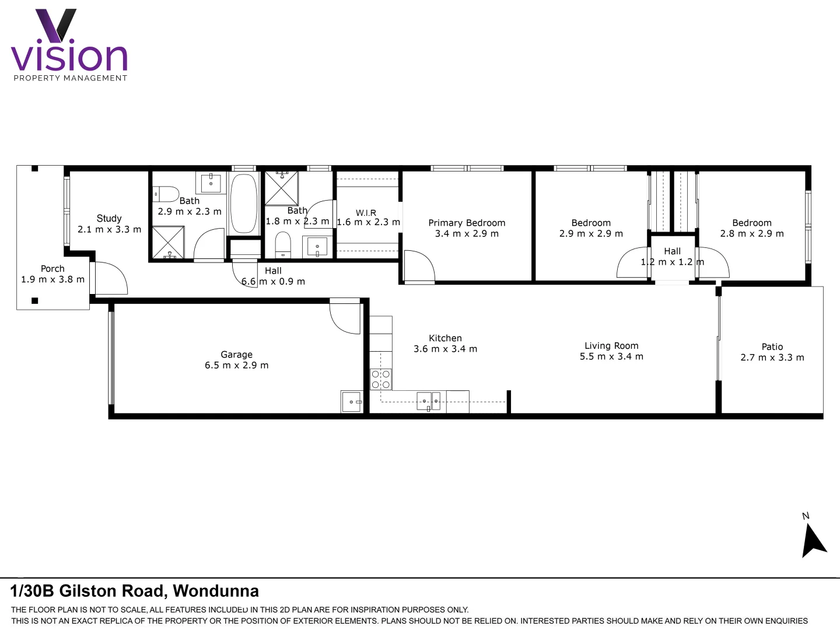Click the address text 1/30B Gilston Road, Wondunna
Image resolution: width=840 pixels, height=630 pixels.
(x=134, y=591)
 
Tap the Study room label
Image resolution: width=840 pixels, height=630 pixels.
(x=109, y=218)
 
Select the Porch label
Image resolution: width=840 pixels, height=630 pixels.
(x=52, y=269)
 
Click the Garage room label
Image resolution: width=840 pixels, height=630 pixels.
(x=236, y=355)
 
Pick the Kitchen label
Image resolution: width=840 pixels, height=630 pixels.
(x=445, y=338)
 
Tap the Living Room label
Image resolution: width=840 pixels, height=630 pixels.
(x=611, y=346)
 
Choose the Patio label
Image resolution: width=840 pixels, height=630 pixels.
(x=772, y=347)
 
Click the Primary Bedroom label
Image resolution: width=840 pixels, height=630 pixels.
(x=467, y=223)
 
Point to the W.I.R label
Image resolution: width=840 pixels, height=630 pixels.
(x=366, y=213)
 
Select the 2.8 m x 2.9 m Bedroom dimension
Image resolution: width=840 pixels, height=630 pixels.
(x=751, y=234)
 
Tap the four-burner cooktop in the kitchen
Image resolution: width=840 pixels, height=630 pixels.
(x=381, y=379)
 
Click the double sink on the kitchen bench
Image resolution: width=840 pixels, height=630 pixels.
(x=429, y=401)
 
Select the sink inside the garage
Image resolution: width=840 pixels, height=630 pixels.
(x=351, y=402)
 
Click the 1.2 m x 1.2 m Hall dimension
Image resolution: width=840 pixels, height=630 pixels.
(x=672, y=262)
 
